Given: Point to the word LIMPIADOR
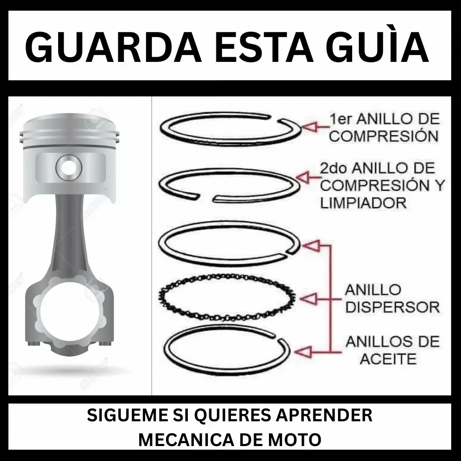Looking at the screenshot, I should click(x=363, y=202).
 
